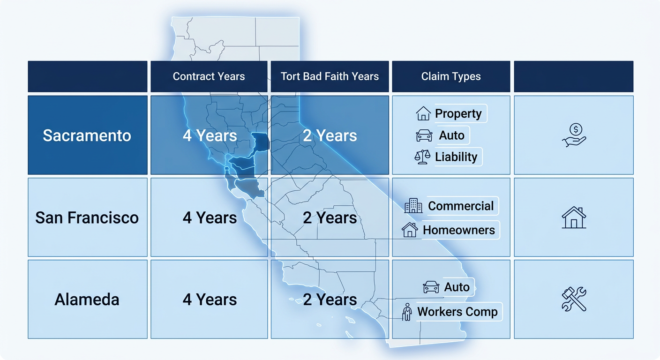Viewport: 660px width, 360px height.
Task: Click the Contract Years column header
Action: point(209,76)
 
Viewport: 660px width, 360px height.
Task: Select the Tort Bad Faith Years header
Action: point(330,76)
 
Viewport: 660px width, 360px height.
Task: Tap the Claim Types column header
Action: point(451,76)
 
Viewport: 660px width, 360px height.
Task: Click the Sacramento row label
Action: point(87,135)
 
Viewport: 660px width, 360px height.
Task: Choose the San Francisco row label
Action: point(87,217)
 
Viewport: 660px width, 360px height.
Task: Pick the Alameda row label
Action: point(87,300)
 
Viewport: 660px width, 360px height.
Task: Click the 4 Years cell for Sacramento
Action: point(209,135)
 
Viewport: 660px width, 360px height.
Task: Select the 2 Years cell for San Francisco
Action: point(330,217)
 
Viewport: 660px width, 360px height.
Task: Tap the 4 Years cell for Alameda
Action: point(209,300)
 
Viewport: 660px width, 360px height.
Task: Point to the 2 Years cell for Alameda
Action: point(330,300)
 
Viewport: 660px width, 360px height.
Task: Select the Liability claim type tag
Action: point(456,157)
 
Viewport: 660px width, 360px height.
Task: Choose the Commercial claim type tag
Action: point(460,206)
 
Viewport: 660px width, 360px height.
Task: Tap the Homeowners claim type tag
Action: point(458,230)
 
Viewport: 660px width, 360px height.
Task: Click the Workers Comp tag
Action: point(457,312)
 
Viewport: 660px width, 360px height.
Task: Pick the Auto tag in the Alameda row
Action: point(456,287)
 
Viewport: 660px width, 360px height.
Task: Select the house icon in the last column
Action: point(574,217)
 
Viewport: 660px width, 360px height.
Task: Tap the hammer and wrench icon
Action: point(574,300)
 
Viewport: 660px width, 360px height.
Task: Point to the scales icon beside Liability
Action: point(422,157)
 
